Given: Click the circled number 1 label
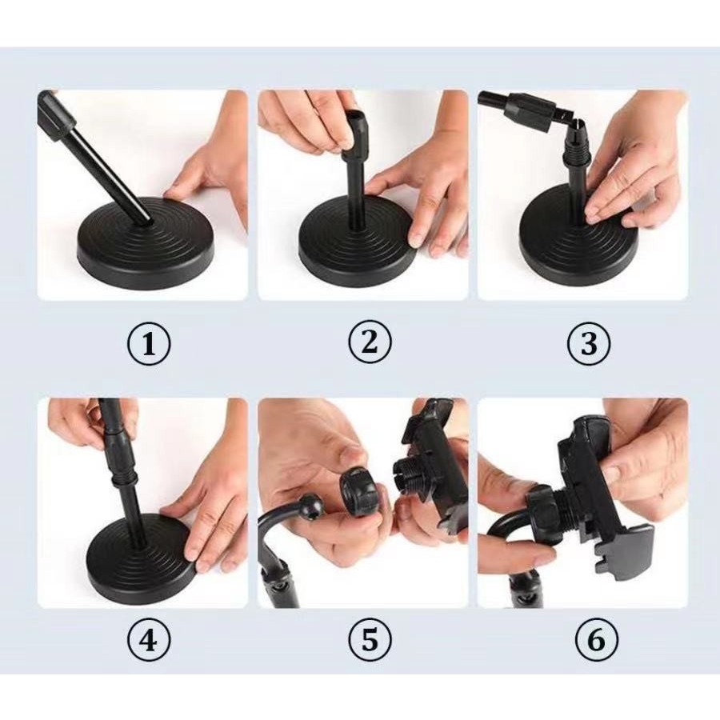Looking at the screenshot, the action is click(x=148, y=344).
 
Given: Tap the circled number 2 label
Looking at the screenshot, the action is click(x=370, y=342).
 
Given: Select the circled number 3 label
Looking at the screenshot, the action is click(x=589, y=343).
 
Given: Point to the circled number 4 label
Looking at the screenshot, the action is click(x=148, y=639).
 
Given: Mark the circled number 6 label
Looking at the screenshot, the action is click(x=597, y=639).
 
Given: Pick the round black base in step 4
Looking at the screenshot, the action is click(x=138, y=557).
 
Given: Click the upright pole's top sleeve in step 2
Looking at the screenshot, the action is click(x=355, y=132).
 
